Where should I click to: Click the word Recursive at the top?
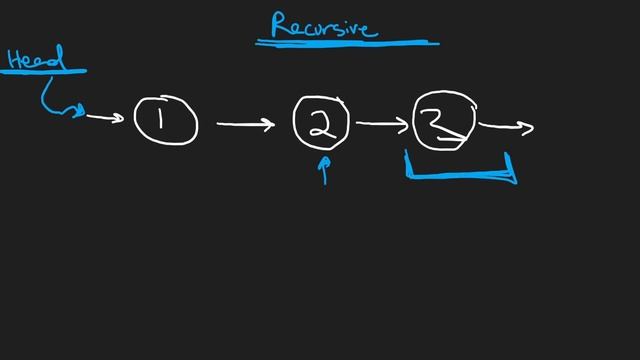click(x=323, y=25)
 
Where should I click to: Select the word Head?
click(x=34, y=58)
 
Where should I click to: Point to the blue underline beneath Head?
click(x=45, y=72)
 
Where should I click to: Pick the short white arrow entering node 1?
click(x=105, y=118)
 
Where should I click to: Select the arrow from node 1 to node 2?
click(x=245, y=125)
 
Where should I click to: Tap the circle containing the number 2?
click(x=321, y=123)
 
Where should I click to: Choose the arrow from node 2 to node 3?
click(x=383, y=124)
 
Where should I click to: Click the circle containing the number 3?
click(x=444, y=122)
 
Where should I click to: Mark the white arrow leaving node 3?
click(x=507, y=126)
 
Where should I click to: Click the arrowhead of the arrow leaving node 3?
click(x=529, y=127)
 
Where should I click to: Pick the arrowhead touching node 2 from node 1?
click(x=269, y=125)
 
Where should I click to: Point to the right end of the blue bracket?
click(x=513, y=169)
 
